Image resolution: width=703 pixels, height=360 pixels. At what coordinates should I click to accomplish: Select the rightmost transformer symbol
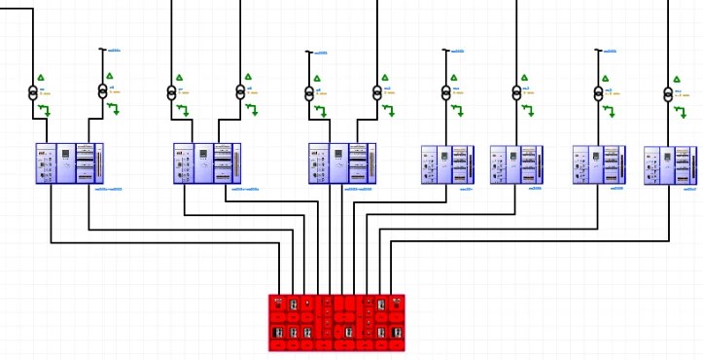[668, 92]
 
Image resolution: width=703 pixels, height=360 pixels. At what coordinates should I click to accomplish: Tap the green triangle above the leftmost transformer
[41, 77]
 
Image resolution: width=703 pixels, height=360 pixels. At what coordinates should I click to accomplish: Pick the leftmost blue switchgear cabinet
[70, 163]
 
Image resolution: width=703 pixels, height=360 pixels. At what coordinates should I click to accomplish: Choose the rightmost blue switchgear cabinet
[670, 164]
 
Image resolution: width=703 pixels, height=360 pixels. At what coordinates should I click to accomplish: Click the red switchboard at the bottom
[336, 322]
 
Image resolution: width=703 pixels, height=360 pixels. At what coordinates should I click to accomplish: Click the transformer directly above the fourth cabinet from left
[446, 92]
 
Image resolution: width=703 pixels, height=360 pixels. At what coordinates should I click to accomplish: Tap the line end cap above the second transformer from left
[103, 50]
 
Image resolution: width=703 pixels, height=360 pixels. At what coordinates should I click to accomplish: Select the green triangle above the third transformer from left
[179, 77]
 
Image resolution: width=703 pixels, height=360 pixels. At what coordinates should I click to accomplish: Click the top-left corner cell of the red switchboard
[278, 301]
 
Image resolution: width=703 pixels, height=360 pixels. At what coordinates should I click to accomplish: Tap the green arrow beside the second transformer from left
[116, 109]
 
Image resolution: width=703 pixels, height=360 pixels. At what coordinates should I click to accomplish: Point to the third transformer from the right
[516, 92]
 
